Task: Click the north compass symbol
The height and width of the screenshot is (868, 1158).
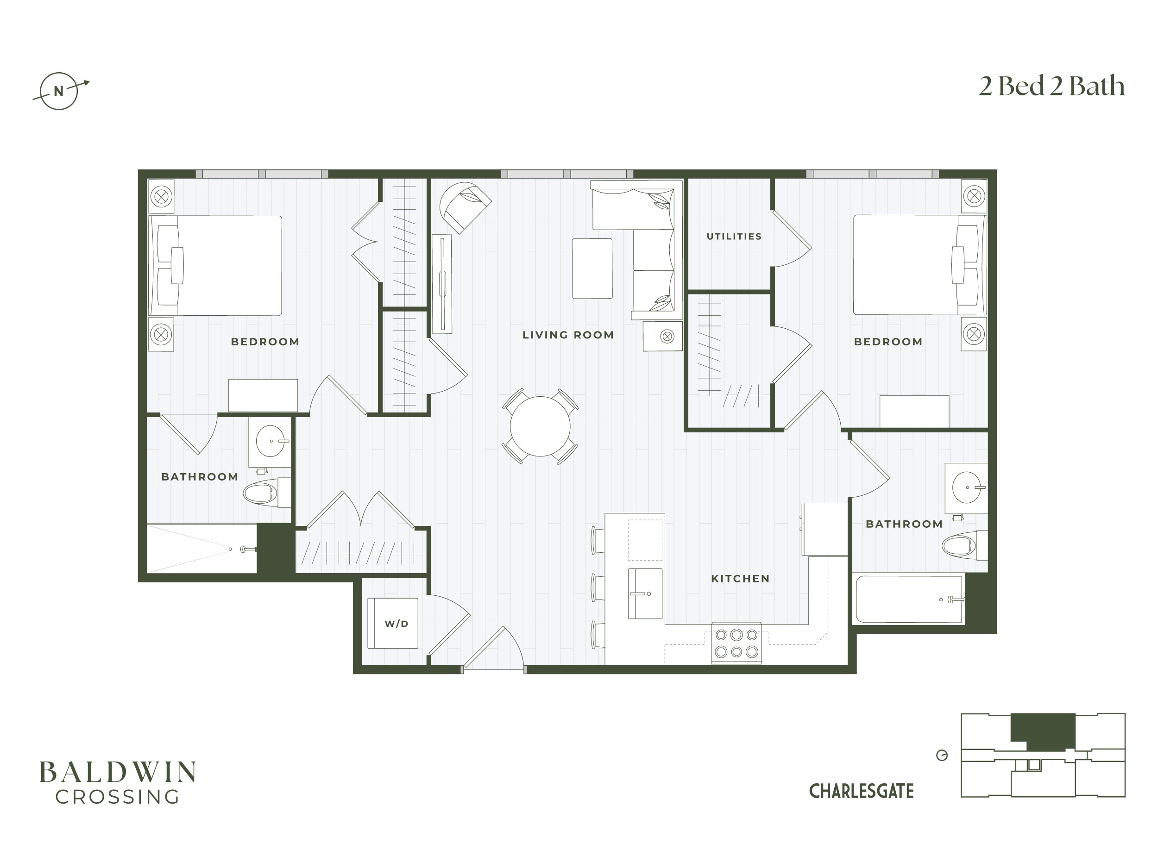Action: (x=59, y=91)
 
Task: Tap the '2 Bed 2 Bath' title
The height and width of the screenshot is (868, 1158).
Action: (x=1052, y=86)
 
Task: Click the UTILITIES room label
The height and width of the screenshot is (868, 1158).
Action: (x=734, y=237)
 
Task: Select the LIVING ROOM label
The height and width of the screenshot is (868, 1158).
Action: (x=568, y=335)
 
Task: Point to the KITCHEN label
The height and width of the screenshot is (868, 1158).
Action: (x=740, y=579)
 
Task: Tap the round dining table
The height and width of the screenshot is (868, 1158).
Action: (x=540, y=426)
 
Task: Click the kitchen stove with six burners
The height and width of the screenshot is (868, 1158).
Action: (x=736, y=643)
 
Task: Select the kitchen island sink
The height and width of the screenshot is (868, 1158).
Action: (x=645, y=594)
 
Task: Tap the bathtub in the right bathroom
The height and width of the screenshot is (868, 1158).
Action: (x=909, y=599)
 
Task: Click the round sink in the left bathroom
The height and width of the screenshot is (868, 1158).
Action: (x=270, y=441)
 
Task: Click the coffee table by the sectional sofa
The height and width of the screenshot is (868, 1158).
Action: (x=592, y=269)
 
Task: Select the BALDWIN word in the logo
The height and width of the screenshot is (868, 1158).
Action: (x=118, y=772)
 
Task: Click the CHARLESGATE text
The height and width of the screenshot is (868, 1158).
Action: (x=861, y=791)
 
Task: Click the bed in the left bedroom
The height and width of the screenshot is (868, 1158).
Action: (x=216, y=266)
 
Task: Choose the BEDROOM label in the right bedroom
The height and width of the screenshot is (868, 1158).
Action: (x=888, y=342)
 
